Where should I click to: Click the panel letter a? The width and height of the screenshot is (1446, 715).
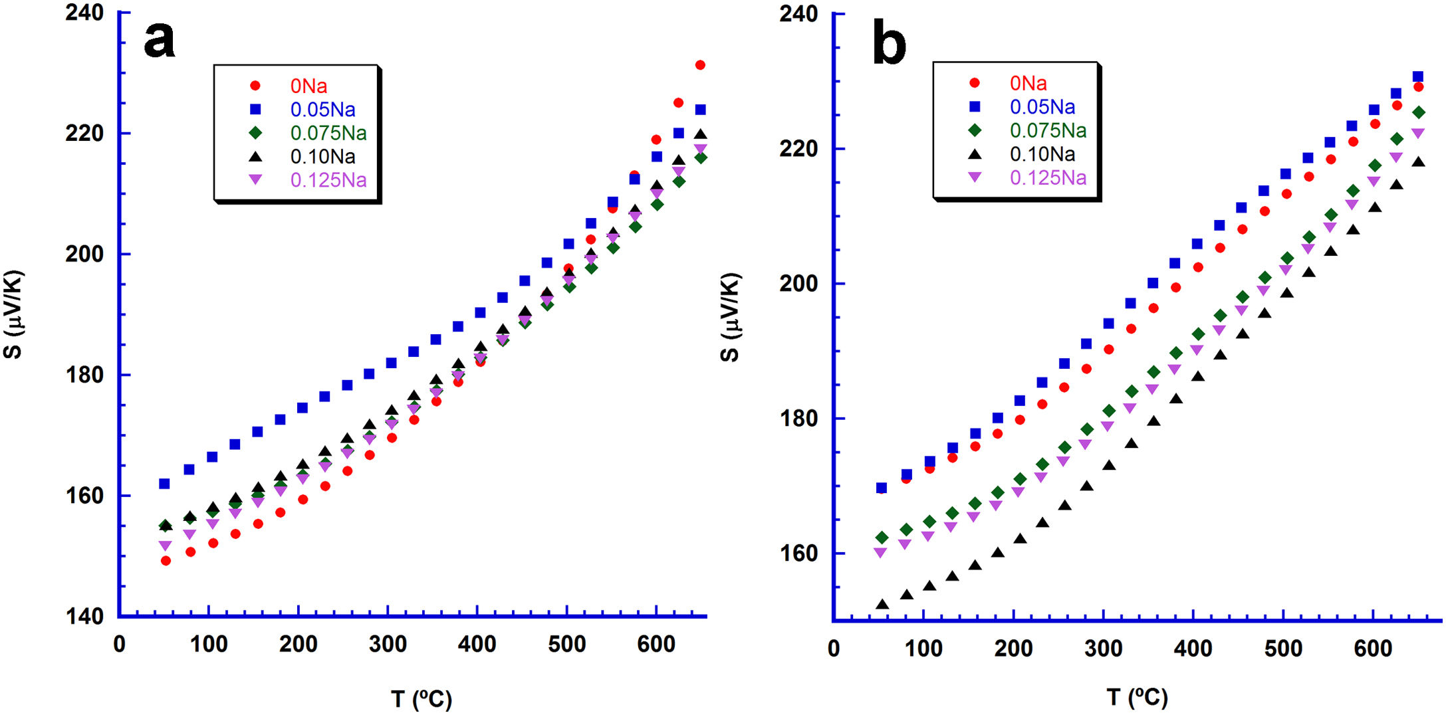160,40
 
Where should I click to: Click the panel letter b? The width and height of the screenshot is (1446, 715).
889,44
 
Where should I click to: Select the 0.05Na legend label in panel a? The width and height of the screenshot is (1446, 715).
322,110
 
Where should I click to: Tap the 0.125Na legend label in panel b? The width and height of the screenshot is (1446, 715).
1048,178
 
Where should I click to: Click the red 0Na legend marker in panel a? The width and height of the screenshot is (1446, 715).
255,86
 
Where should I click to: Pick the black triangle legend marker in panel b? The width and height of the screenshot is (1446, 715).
975,154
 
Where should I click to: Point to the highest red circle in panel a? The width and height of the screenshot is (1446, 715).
700,65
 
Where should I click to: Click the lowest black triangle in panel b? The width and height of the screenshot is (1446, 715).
882,605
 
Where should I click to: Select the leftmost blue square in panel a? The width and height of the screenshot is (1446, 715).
164,484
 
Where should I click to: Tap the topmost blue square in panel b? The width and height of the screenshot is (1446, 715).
1417,77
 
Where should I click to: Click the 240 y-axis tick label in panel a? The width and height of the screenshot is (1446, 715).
84,13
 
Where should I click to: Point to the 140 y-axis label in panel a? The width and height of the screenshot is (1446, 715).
84,616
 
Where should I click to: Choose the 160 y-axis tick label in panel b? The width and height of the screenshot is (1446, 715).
798,553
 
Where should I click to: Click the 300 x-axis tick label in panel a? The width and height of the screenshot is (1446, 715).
388,644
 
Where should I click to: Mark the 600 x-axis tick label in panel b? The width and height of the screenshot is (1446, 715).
1373,648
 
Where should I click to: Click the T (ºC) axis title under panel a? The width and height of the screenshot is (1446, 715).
421,698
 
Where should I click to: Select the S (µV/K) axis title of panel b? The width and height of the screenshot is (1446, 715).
729,317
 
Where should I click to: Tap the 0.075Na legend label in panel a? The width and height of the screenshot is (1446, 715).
328,134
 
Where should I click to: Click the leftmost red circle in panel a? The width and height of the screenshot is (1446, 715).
166,561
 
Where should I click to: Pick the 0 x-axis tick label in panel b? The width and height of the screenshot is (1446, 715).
834,649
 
